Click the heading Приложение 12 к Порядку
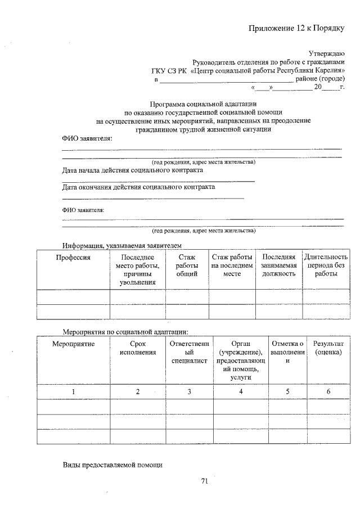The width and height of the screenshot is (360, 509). tap(295, 29)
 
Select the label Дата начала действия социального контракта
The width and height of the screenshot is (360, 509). tap(132, 170)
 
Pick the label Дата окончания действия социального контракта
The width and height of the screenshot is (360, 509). tap(138, 187)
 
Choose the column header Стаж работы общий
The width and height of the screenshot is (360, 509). tap(187, 265)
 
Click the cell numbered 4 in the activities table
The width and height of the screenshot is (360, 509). tap(240, 391)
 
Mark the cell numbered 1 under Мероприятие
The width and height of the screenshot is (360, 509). tap(73, 391)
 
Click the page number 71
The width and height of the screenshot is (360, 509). tap(204, 481)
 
